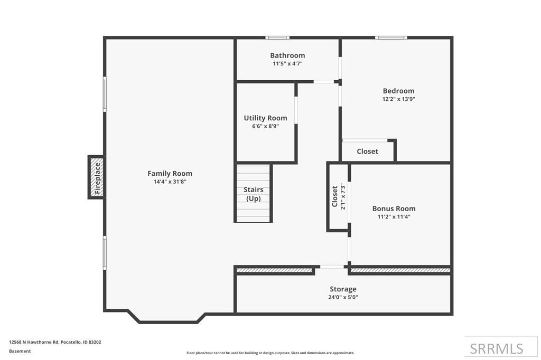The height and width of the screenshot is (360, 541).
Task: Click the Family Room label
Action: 170,173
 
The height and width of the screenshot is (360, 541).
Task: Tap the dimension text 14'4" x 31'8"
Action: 170,182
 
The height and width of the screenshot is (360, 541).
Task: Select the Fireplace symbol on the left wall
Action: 96,177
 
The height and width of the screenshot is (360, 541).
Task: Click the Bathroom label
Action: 287,55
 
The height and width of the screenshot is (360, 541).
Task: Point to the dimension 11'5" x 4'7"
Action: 287,64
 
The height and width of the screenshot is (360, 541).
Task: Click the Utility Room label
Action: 265,118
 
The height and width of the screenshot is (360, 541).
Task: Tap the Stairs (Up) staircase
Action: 254,194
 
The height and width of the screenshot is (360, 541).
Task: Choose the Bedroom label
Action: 398,91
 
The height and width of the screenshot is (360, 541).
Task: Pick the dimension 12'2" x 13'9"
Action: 398,99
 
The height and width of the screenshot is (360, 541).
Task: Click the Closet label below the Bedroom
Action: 367,151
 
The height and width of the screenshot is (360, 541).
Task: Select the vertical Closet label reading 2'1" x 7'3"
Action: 338,196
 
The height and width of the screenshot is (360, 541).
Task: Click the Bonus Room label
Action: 394,209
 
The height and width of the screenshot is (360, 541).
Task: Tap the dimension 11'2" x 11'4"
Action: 394,216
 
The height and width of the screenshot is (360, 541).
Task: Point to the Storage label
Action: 343,289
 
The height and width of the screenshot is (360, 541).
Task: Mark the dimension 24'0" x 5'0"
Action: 343,297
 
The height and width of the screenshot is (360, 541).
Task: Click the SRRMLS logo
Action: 496,348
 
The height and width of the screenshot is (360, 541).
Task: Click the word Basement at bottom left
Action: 20,351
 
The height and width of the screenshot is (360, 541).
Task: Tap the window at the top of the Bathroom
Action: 277,37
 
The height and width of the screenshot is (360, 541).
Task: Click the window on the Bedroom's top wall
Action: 391,37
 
